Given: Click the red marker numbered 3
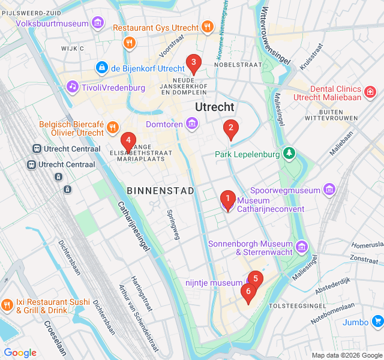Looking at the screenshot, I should tap(193, 62).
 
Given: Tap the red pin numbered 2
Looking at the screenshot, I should tap(230, 128).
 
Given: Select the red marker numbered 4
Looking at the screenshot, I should tap(127, 141).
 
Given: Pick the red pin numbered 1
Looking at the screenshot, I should tap(227, 199).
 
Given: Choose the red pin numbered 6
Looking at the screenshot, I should tap(247, 292).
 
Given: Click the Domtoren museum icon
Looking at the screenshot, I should tap(192, 124).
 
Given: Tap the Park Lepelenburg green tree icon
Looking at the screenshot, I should tap(290, 154).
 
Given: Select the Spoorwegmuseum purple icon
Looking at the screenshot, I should tap(329, 190).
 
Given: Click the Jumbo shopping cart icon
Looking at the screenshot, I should tap(377, 322).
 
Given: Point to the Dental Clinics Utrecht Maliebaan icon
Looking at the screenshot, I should tap(371, 92).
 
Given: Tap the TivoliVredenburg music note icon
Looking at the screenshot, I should tap(73, 88).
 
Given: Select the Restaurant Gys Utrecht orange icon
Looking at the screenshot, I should tap(207, 27).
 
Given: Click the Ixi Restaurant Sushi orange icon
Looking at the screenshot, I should tap(7, 305).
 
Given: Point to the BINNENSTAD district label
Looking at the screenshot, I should tap(161, 190).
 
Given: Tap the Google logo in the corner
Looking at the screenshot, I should tap(20, 353).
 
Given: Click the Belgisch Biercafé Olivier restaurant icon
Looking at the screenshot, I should tap(112, 127).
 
